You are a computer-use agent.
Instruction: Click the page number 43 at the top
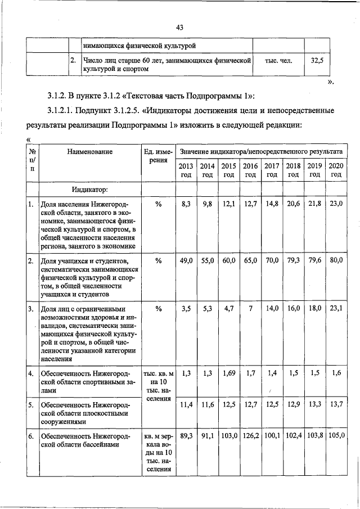pos(180,27)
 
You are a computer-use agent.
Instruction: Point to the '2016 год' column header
pos(250,170)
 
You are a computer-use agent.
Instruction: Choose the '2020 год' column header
pos(336,170)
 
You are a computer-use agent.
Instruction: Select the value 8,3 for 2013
pos(186,204)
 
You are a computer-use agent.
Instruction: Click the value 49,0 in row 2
pos(186,261)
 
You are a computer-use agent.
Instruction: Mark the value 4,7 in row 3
pos(229,309)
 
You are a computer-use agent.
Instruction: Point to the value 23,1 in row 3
pos(336,309)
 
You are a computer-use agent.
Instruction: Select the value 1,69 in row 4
pos(229,373)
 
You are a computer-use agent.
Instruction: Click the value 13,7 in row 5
pos(336,404)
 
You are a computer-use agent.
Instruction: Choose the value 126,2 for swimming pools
pos(250,435)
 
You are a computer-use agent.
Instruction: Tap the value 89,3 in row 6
pos(186,435)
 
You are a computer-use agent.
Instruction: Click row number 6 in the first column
pos(32,436)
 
